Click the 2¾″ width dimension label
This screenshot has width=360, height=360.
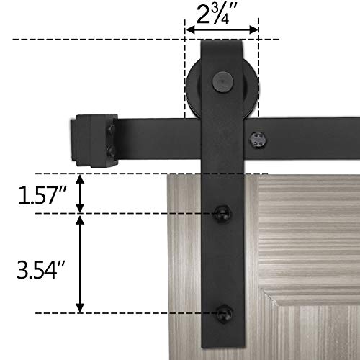(222, 13)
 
